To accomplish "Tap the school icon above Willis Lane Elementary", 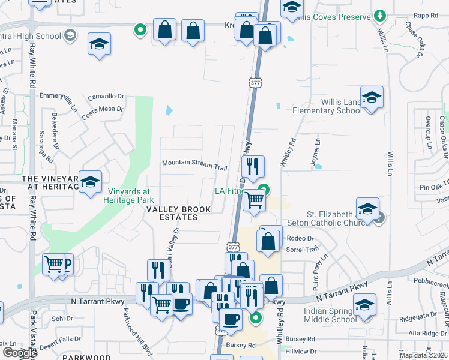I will point(372,98).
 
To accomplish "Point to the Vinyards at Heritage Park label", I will point(131,196).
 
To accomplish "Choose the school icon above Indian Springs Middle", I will point(364,305).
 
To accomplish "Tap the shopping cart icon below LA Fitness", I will point(255,200).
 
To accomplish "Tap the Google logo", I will point(20,353).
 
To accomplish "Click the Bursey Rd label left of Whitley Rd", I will point(241,346).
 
